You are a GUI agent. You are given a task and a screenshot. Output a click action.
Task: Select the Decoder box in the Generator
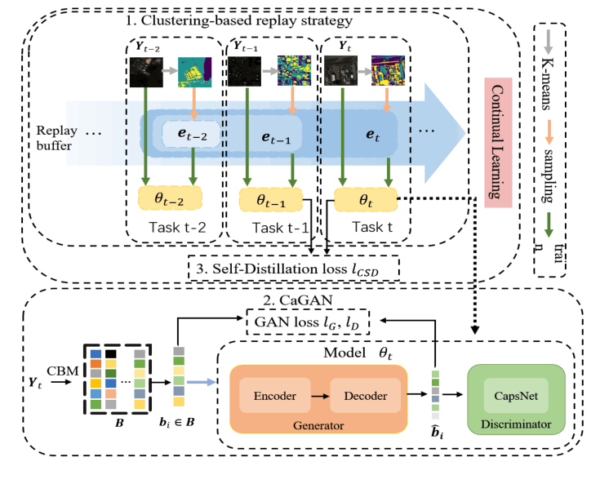pyautogui.click(x=364, y=397)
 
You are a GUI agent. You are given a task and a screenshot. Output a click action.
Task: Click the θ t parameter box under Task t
pyautogui.click(x=365, y=198)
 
